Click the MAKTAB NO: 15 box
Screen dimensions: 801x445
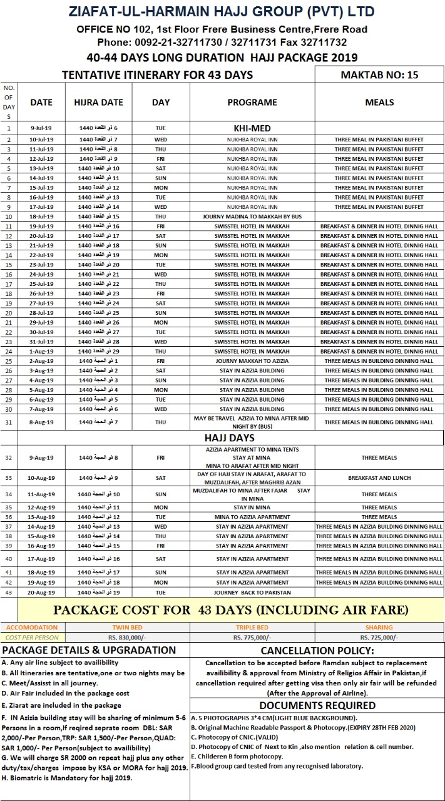tap(379, 75)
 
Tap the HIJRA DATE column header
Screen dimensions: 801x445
tap(98, 102)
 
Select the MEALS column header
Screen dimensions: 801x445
tap(379, 102)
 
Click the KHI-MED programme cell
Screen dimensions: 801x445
tap(252, 128)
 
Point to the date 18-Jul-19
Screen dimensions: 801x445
tap(41, 216)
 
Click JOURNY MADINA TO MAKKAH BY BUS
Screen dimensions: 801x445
tap(252, 216)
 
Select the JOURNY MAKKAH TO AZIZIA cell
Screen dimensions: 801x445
tap(252, 361)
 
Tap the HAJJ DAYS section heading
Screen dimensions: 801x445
tap(229, 437)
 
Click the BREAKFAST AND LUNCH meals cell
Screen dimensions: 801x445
tap(379, 478)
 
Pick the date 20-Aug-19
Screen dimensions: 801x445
tap(41, 592)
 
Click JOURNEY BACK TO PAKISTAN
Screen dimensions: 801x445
tap(252, 592)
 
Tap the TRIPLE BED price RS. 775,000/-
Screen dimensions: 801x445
tap(252, 637)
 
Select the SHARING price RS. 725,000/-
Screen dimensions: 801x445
tap(379, 637)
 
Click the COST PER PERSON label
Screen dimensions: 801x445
tap(31, 637)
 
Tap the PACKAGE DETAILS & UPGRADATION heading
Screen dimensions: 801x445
tap(89, 650)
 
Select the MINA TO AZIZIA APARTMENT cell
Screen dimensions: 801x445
tap(252, 517)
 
